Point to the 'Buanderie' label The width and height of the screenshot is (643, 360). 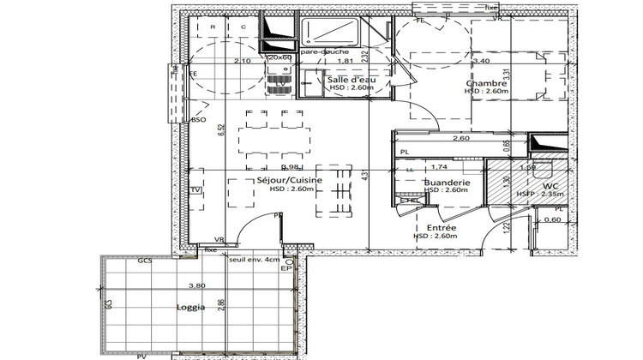click(x=447, y=183)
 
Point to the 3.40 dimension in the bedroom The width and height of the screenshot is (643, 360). click(x=482, y=62)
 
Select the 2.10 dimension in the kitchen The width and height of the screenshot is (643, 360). click(x=243, y=62)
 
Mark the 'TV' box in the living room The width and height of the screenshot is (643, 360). click(x=196, y=189)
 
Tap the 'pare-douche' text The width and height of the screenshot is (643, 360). click(x=319, y=52)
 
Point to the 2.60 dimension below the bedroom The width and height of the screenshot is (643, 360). click(x=461, y=139)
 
